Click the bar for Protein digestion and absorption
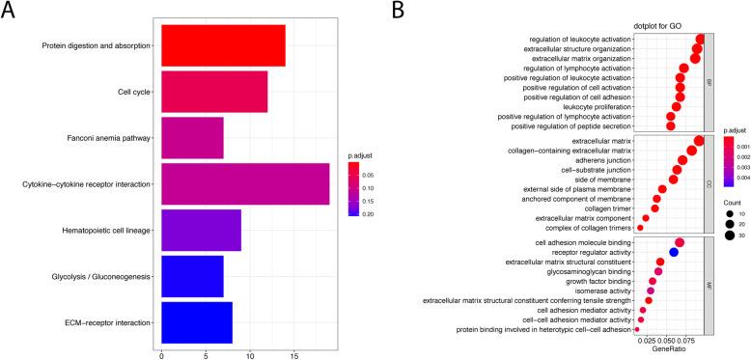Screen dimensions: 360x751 click(223, 45)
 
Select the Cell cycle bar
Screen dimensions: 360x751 click(214, 92)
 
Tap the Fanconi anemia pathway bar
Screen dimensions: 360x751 click(192, 138)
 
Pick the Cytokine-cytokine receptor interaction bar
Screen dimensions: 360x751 click(245, 183)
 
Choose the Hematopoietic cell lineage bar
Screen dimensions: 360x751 click(201, 230)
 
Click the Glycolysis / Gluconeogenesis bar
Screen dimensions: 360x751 click(192, 276)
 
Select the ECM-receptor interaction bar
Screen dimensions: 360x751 click(197, 322)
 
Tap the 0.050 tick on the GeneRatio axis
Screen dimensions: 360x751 click(667, 339)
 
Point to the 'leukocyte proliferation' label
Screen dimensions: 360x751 click(592, 106)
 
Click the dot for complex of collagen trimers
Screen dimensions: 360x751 click(640, 228)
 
